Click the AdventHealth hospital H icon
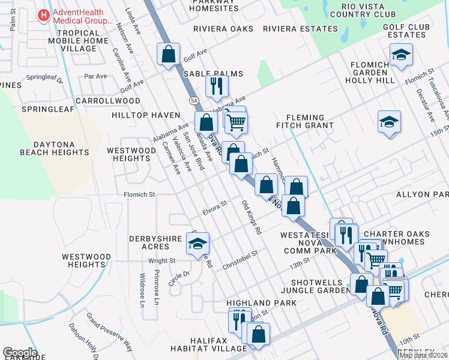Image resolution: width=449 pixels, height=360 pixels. (x=44, y=15)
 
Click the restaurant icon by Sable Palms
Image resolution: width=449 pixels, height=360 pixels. (x=217, y=86)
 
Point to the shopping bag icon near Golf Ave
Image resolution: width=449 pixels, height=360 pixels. (x=169, y=54)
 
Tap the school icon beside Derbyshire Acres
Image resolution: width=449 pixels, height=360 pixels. (x=197, y=244)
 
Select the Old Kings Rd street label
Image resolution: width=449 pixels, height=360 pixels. (x=252, y=218)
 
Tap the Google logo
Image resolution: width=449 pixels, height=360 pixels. (x=20, y=353)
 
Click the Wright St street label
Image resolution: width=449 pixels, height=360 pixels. (x=161, y=260)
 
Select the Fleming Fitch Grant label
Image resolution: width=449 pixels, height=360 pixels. (x=304, y=121)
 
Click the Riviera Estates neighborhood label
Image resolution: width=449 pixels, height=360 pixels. (x=300, y=28)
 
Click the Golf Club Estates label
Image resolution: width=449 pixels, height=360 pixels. (x=409, y=31)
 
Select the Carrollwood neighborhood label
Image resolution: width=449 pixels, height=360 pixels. (x=108, y=101)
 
